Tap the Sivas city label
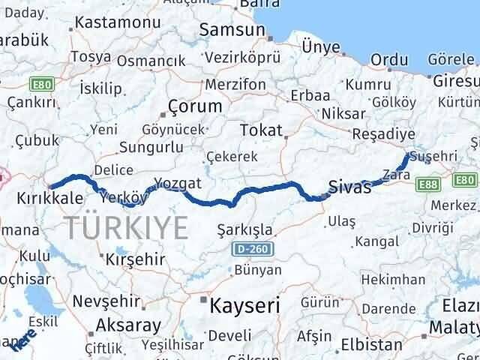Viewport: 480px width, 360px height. click(350, 187)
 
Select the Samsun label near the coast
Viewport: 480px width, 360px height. click(232, 31)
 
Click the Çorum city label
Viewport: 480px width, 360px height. click(196, 106)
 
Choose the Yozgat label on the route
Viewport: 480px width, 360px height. click(178, 182)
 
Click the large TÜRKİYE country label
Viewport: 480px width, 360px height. click(126, 226)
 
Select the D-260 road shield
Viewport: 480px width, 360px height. click(252, 247)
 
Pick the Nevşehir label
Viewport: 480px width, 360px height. click(107, 301)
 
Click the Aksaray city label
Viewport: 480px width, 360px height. click(128, 325)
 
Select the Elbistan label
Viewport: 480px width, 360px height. click(371, 345)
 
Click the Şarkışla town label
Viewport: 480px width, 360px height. click(244, 229)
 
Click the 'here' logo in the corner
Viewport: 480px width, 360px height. click(19, 340)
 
